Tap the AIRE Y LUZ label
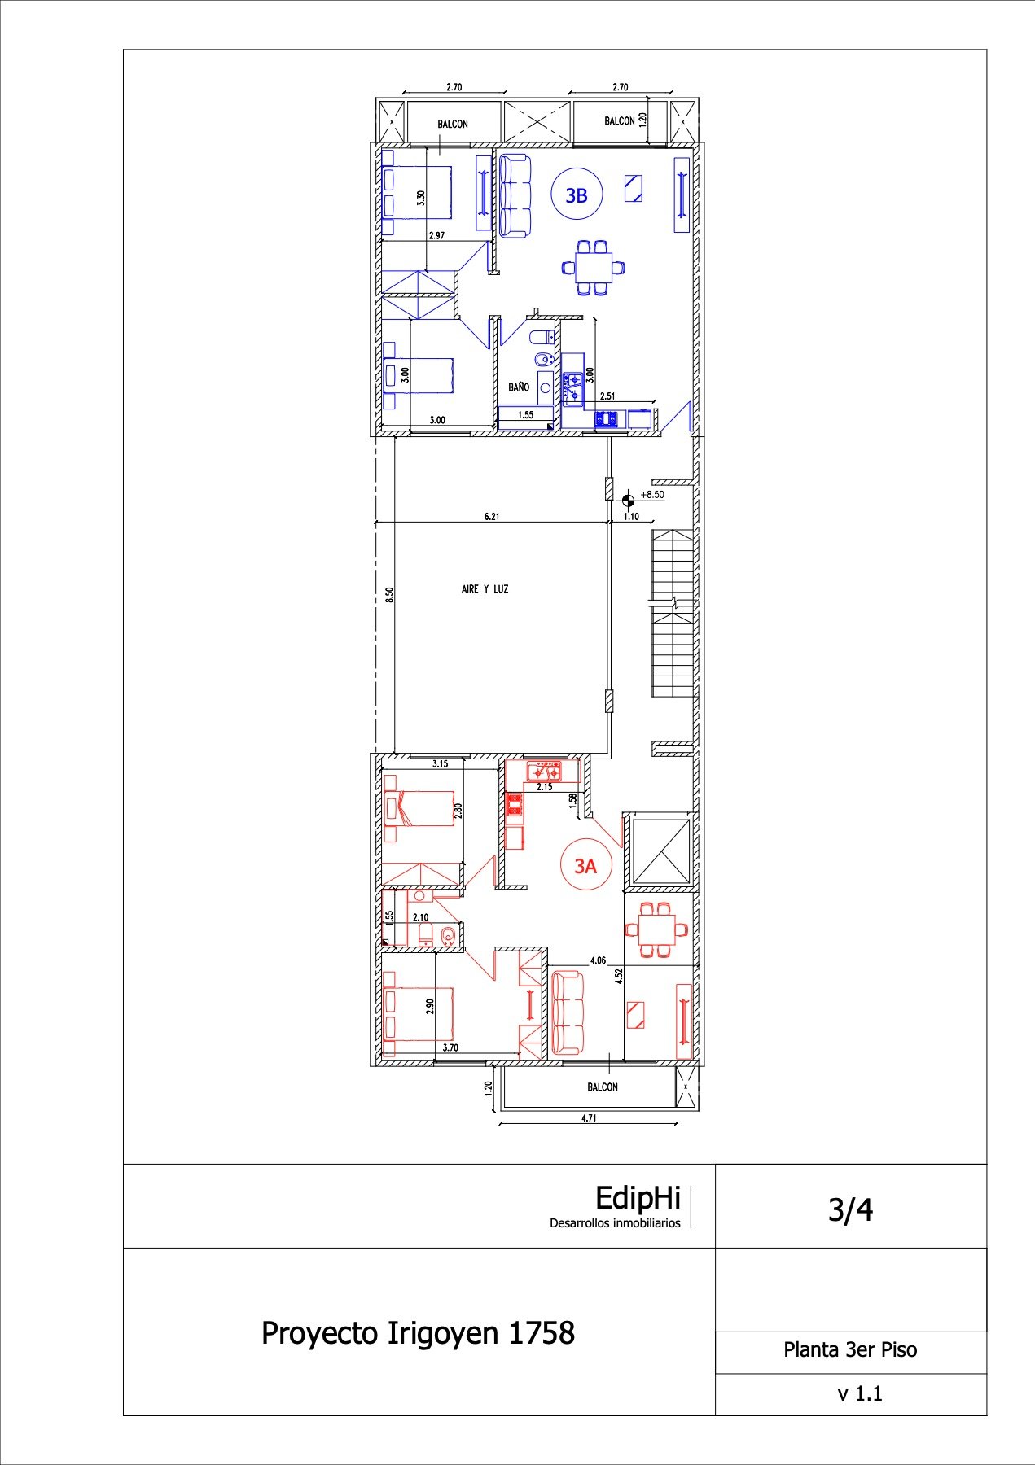[485, 589]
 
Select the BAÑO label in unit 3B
[519, 387]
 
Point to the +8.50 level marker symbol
[628, 500]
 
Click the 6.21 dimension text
[492, 516]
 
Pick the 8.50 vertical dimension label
[389, 595]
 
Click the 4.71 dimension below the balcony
[589, 1118]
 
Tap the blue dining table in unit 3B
[594, 266]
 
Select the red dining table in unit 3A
[656, 929]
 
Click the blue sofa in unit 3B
[515, 196]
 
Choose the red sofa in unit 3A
[568, 1012]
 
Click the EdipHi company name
[638, 1198]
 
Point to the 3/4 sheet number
[850, 1210]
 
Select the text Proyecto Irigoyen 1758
[418, 1333]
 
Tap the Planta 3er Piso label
[850, 1350]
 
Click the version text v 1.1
[860, 1394]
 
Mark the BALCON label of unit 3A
[603, 1087]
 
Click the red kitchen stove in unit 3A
[544, 769]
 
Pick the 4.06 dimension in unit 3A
[598, 960]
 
